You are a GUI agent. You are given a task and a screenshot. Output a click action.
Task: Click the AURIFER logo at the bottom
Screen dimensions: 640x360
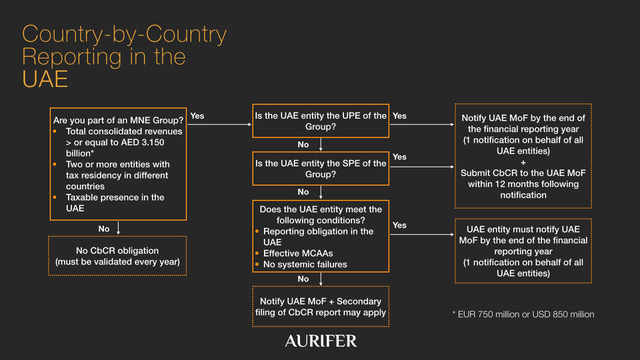[x=319, y=341]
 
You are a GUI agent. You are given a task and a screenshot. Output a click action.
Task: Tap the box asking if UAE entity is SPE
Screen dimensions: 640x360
[x=319, y=167]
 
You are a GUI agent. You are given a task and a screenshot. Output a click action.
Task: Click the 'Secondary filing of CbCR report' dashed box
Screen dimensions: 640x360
[x=319, y=306]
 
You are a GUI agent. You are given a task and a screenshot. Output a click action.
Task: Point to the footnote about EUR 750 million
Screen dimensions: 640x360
[x=523, y=313]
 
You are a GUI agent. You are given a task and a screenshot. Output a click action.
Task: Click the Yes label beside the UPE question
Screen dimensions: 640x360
[x=400, y=116]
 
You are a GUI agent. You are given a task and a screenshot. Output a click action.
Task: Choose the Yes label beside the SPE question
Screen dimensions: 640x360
[x=400, y=158]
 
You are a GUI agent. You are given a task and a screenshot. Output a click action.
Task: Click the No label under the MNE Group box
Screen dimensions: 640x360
[x=104, y=229]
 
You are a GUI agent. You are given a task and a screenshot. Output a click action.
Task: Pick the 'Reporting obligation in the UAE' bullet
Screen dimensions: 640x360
[x=316, y=235]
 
